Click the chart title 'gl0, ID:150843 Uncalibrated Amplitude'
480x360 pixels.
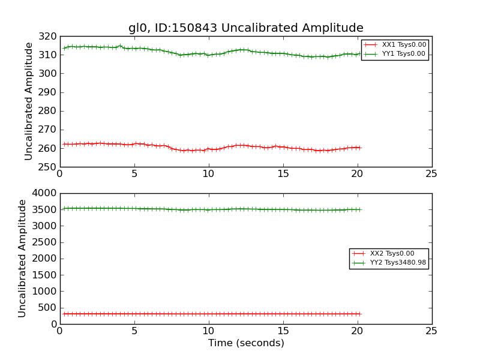coord(245,28)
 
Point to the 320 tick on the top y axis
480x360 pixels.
coord(48,37)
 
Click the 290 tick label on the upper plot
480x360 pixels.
coord(48,92)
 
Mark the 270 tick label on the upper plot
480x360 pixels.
coord(48,130)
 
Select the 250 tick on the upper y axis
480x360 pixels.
coord(48,167)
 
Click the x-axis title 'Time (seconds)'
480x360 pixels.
coord(246,343)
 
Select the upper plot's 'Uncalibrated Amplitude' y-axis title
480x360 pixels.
coord(29,101)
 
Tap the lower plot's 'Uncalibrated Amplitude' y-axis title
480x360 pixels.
coord(23,259)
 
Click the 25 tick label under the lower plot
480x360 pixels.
coord(431,331)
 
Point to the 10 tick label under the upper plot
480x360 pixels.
coord(208,173)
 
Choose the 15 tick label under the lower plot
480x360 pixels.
coord(283,331)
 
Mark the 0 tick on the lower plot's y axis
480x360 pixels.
coord(53,324)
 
